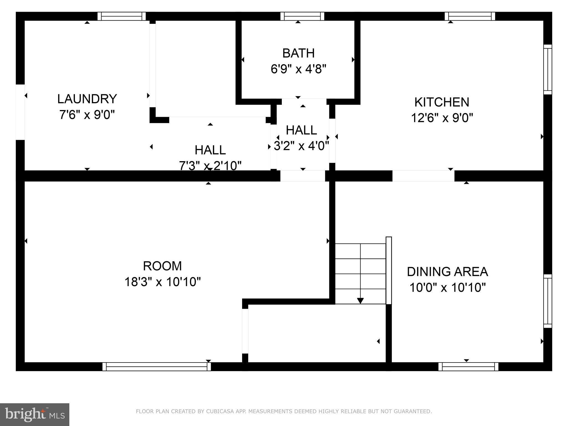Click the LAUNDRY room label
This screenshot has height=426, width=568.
pos(87,99)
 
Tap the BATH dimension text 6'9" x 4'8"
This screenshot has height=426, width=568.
pos(298,69)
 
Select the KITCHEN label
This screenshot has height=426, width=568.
pos(442,102)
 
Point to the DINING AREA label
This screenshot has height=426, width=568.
pos(447,272)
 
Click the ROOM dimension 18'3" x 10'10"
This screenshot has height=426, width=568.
pos(163,282)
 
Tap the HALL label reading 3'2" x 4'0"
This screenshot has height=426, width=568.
pos(301,146)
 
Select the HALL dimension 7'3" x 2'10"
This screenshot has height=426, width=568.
pos(210,166)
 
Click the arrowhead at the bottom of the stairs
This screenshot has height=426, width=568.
pos(360,301)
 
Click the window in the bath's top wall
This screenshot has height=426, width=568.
pos(302,16)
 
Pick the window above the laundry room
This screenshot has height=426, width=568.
pos(121,16)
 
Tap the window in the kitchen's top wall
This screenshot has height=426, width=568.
pos(470,16)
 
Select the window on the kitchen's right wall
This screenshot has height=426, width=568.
pos(547,69)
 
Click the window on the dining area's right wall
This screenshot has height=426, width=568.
pos(547,301)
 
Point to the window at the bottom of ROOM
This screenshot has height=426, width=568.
pos(156,366)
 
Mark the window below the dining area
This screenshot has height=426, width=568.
pos(468,366)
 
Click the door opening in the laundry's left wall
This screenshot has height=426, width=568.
pos(20,112)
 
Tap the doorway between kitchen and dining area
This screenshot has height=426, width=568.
pos(423,176)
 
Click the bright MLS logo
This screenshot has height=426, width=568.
pos(35,414)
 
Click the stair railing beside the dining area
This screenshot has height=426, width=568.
pos(389,270)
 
